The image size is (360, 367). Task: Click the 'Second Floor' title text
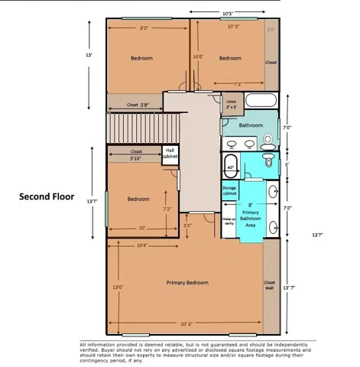click(x=46, y=196)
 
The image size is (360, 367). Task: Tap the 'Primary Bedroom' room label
click(x=187, y=283)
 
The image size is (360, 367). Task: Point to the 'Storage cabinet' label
click(x=229, y=192)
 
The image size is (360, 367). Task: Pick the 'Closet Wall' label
click(x=269, y=284)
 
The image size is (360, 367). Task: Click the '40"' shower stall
click(x=230, y=166)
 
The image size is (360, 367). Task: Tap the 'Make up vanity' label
click(x=229, y=221)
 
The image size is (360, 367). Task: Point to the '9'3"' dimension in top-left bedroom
click(x=144, y=28)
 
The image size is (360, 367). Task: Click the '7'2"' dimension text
click(x=167, y=208)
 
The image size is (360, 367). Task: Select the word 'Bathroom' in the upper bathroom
click(x=251, y=125)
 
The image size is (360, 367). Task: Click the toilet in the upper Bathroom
click(x=268, y=140)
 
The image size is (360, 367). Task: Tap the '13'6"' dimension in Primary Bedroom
click(x=118, y=287)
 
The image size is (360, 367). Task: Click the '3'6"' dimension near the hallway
click(x=187, y=226)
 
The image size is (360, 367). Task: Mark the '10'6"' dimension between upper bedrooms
click(x=198, y=57)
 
